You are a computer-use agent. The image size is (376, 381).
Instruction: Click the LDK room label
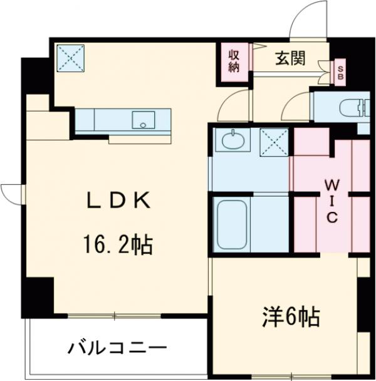coord(118,201)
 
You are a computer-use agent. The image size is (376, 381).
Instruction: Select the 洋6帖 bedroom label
coord(290,316)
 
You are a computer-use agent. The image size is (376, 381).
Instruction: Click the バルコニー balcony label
coord(117,346)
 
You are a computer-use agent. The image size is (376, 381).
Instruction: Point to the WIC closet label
coord(332,201)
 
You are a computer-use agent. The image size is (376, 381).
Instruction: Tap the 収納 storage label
coord(233,61)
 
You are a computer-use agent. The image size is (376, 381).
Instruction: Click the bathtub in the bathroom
coord(231,224)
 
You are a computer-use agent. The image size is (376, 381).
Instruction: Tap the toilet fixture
coord(351,107)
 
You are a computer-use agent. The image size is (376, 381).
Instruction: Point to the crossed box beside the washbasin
coord(274,140)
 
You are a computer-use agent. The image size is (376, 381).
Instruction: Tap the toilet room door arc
coord(296,107)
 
